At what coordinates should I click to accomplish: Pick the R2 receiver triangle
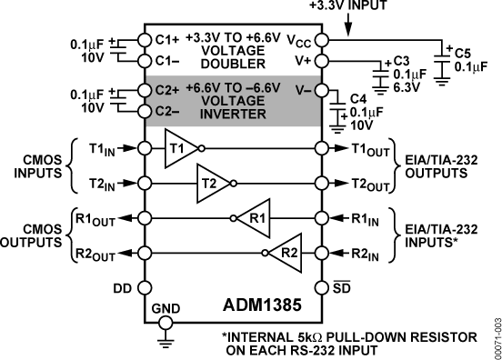click(x=284, y=252)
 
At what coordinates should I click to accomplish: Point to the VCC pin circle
click(x=321, y=40)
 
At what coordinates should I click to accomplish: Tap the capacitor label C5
click(x=463, y=52)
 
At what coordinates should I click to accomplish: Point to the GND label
click(x=165, y=309)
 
